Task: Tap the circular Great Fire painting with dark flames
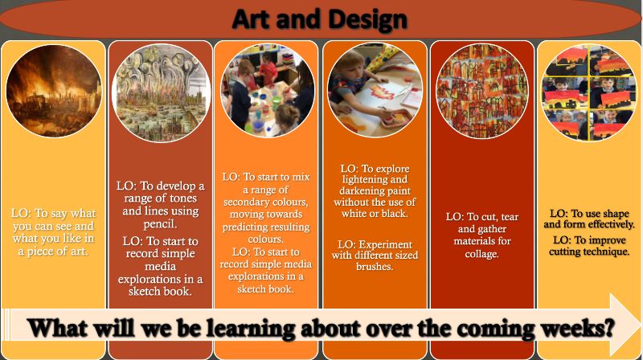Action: coord(54,90)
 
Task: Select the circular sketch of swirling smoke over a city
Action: coord(162,92)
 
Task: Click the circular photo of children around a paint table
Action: coord(268,91)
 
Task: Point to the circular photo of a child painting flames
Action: coord(375,90)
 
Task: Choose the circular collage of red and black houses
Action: coord(481,91)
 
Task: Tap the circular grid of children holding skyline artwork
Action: coord(589,92)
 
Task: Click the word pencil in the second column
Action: coord(160,224)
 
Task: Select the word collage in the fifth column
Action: coord(481,254)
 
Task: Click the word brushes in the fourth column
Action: coord(375,267)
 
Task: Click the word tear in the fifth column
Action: coord(510,217)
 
